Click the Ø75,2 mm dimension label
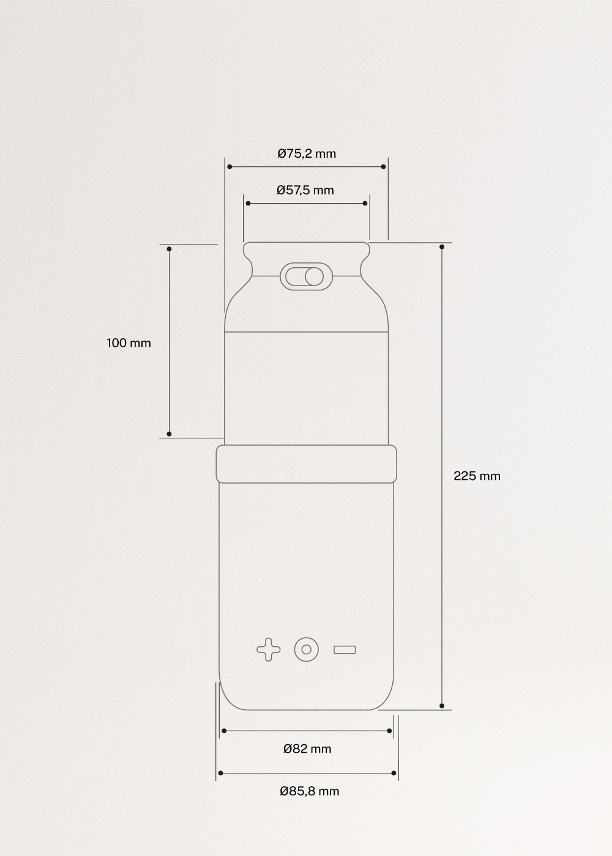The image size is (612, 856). tap(307, 153)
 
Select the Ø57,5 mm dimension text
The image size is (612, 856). tap(305, 190)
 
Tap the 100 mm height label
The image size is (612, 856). tap(129, 343)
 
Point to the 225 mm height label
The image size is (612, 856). tap(477, 476)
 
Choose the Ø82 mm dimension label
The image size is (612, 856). tap(307, 749)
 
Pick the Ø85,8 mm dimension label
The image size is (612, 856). tap(309, 791)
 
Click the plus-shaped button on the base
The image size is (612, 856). tap(268, 649)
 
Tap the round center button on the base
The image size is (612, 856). tap(306, 649)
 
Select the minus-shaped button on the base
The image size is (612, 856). tap(345, 649)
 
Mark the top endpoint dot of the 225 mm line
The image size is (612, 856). tap(442, 247)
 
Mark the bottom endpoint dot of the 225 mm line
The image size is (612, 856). tap(442, 706)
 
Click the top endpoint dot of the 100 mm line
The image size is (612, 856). tap(170, 249)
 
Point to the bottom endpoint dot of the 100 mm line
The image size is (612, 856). tap(170, 434)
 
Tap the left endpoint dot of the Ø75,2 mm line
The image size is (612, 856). tap(229, 166)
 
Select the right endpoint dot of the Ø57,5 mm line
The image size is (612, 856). tap(365, 203)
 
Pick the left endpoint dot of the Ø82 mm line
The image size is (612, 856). tap(224, 731)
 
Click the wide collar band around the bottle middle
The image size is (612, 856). tap(306, 463)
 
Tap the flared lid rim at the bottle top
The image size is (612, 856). tap(306, 251)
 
